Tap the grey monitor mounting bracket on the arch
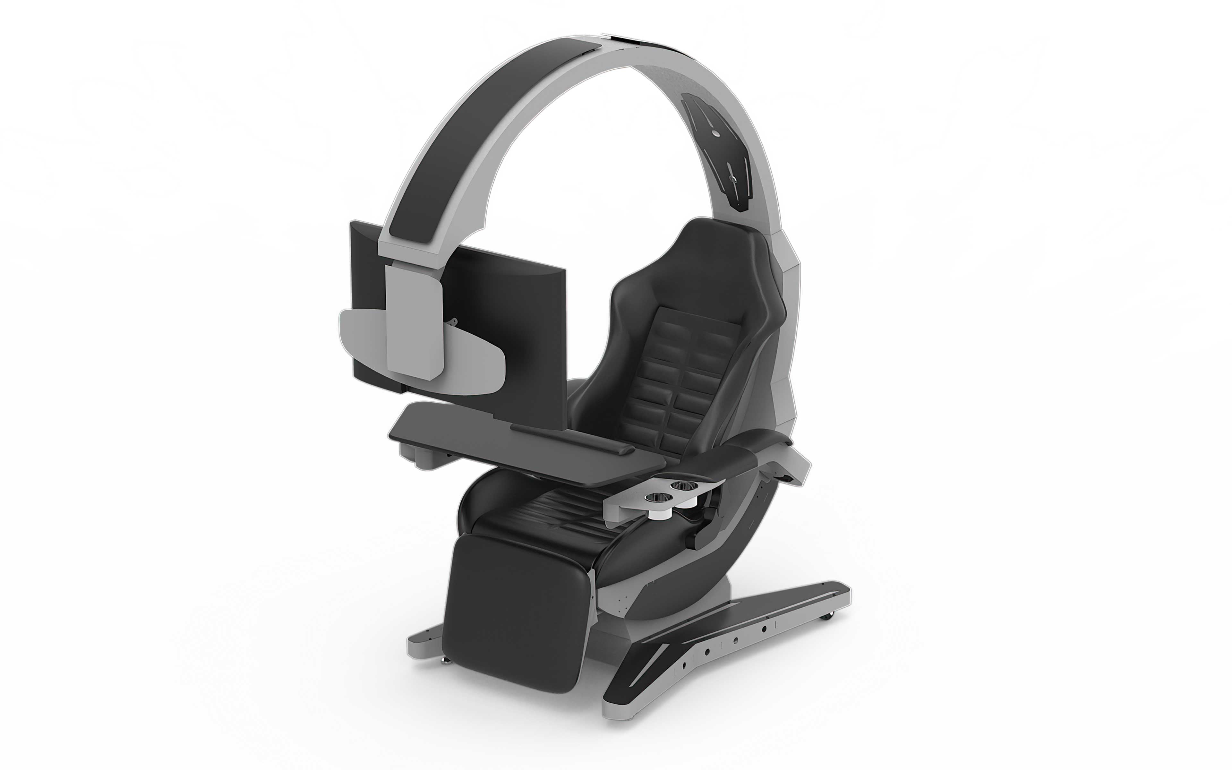tap(413, 321)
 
